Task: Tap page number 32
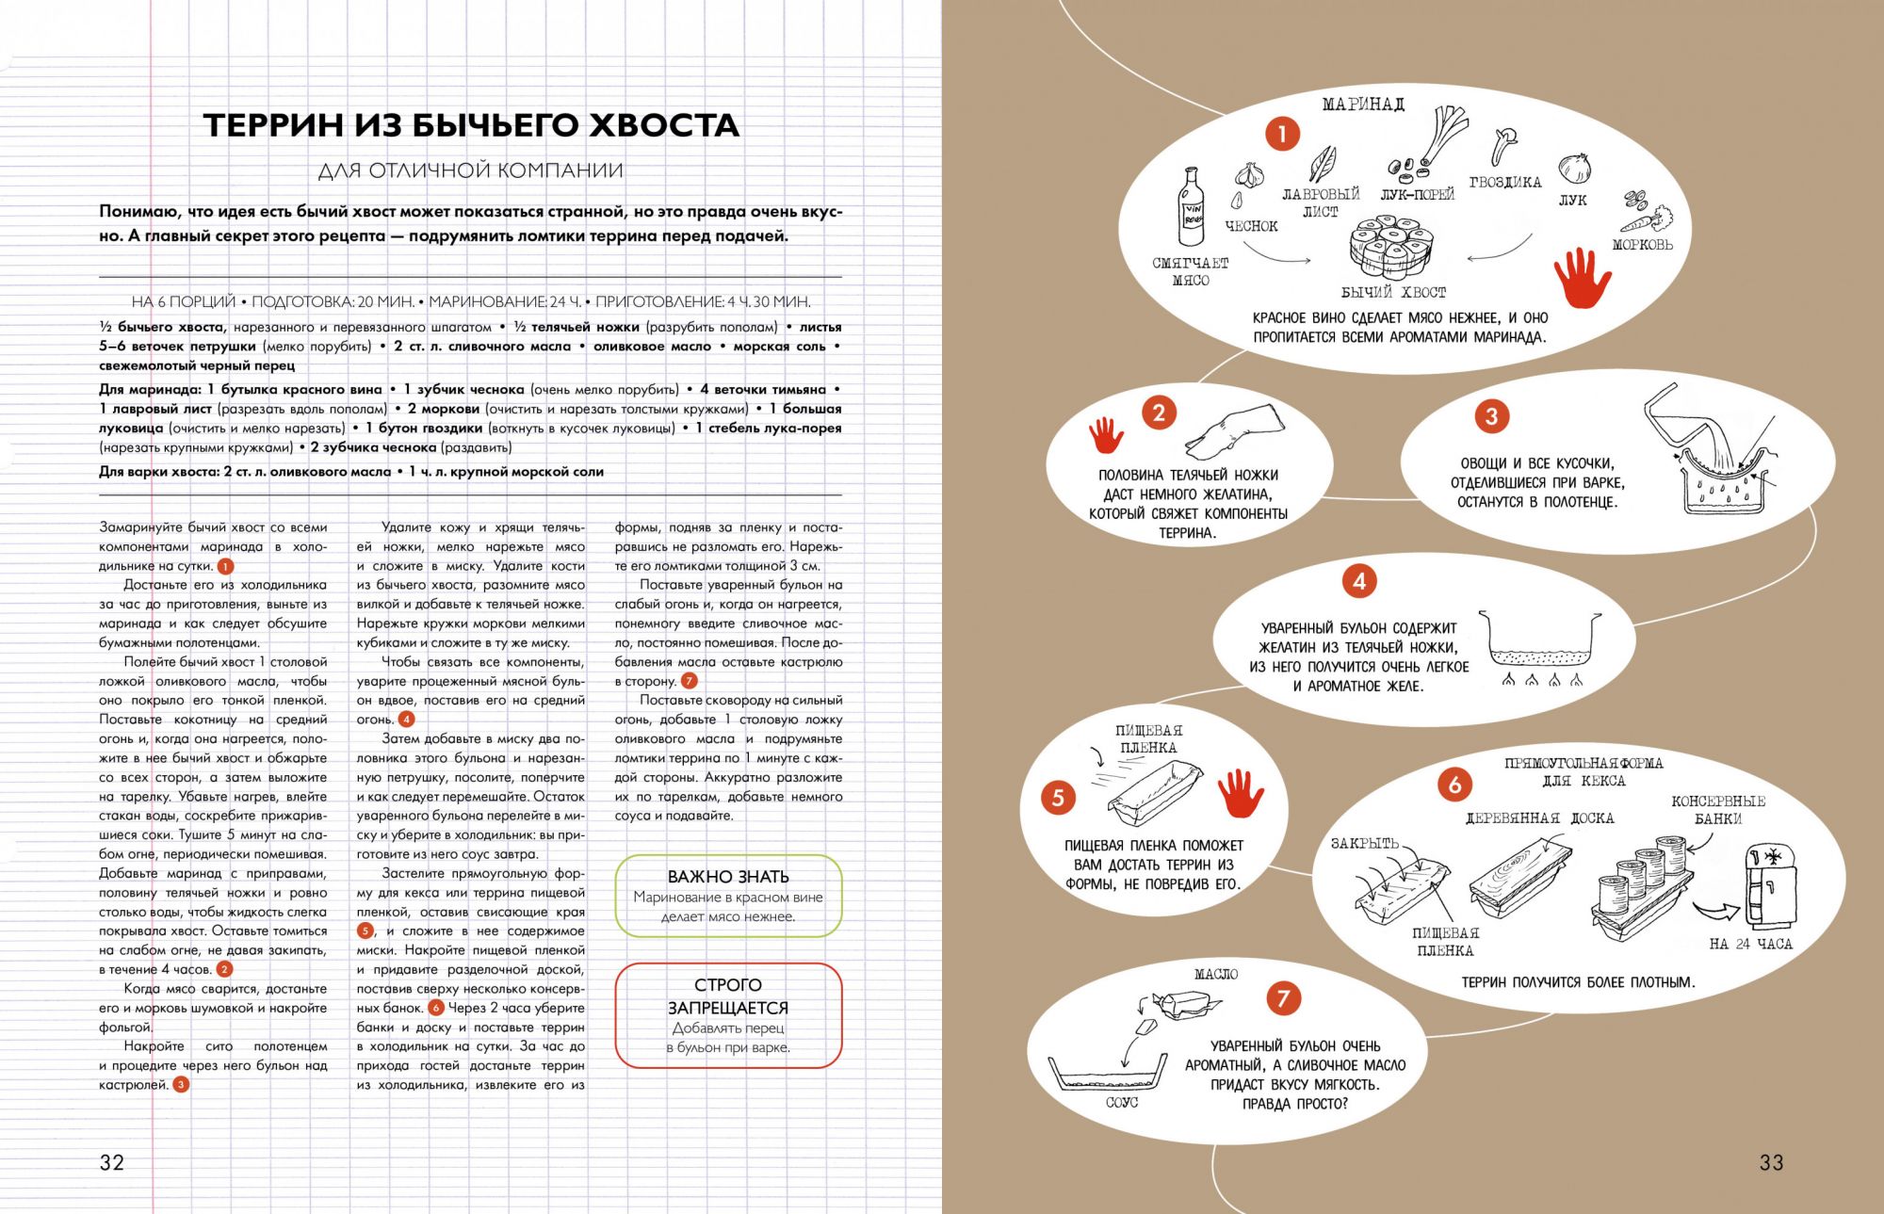click(x=111, y=1162)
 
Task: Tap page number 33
click(x=1771, y=1162)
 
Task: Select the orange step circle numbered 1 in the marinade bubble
click(x=1281, y=135)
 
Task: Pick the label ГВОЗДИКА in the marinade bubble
click(x=1505, y=183)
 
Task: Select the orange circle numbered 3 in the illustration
click(x=1491, y=415)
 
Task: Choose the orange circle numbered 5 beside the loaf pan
click(x=1058, y=798)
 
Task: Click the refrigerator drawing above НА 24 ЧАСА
click(x=1768, y=886)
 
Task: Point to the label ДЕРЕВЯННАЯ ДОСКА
click(x=1539, y=818)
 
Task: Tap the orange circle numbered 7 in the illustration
click(x=1283, y=998)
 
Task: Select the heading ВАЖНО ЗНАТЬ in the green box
click(x=728, y=877)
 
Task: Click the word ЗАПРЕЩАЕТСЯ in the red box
click(x=728, y=1008)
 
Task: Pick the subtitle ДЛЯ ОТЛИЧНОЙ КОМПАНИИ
click(x=471, y=170)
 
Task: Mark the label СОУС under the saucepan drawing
click(x=1121, y=1102)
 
